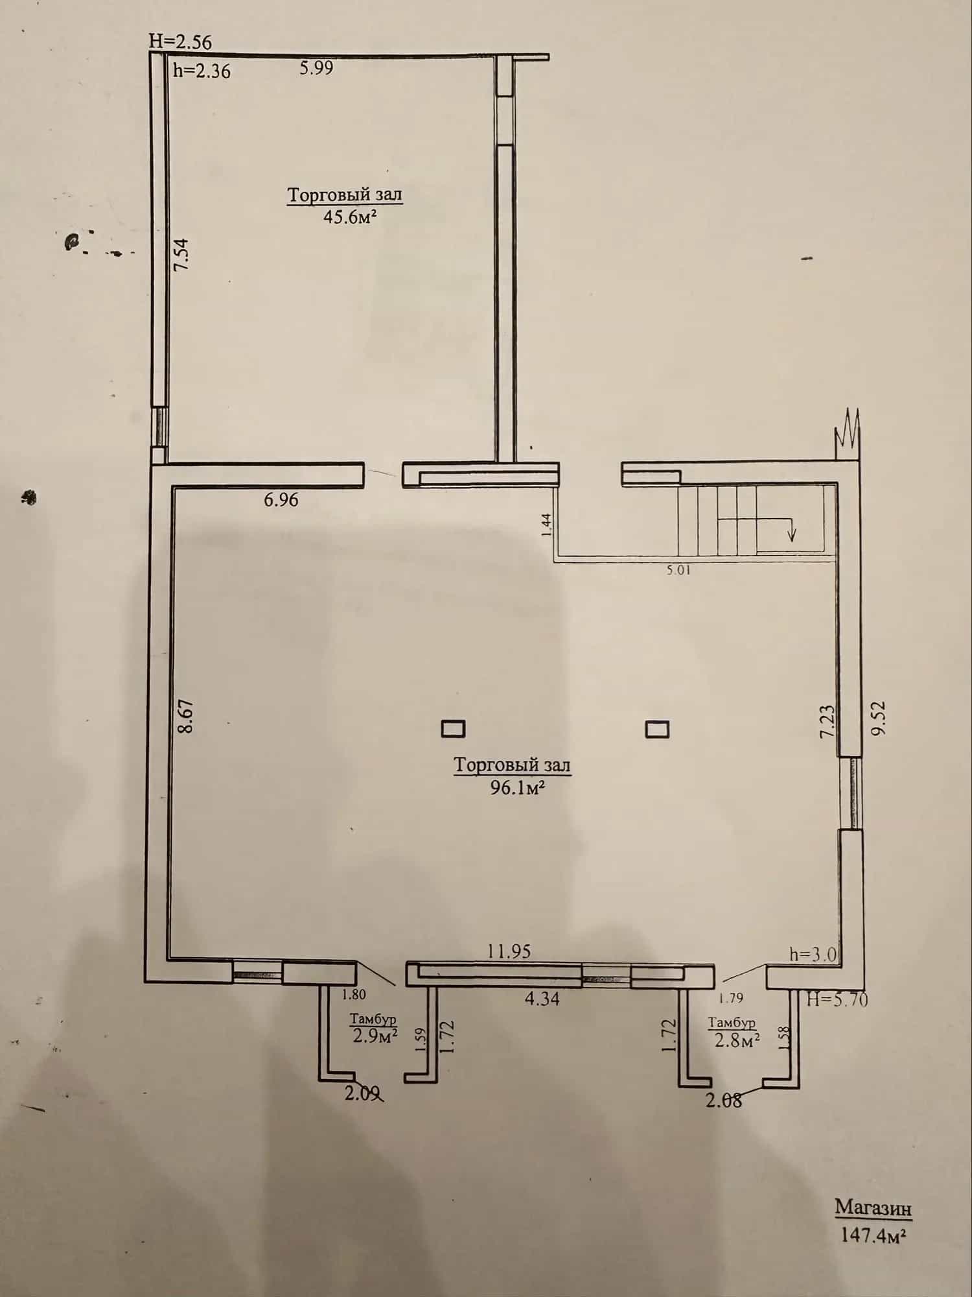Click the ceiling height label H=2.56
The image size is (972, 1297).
point(180,41)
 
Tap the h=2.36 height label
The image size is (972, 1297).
point(202,70)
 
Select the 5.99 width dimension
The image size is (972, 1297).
point(316,67)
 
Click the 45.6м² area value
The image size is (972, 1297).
point(350,216)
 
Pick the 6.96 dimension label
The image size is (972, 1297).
point(281,499)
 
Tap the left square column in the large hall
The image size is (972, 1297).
point(453,729)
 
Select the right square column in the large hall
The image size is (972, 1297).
point(657,730)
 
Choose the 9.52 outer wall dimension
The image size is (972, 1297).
point(878,718)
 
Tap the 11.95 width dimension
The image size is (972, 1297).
point(509,951)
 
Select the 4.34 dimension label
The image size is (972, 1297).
point(542,999)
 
